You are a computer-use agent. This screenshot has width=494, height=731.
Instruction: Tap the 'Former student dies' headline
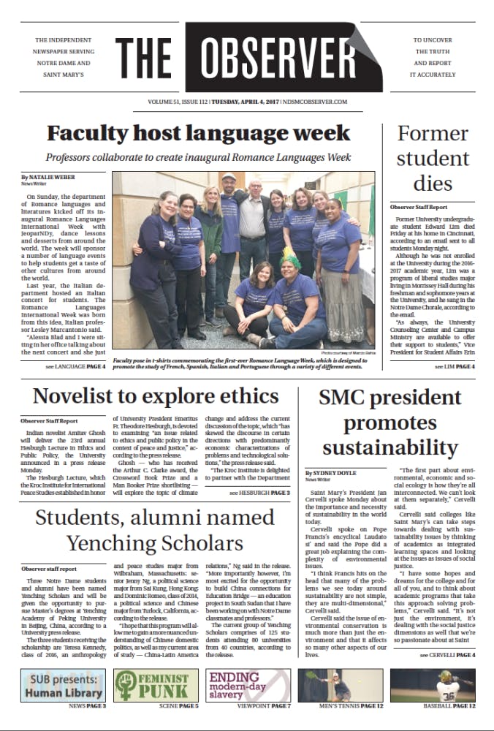pyautogui.click(x=432, y=158)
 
